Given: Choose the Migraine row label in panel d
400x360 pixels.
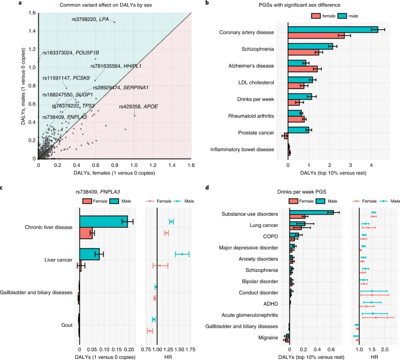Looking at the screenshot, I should [273, 337].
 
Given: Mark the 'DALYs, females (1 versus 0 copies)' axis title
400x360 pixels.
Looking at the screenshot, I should [115, 173].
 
